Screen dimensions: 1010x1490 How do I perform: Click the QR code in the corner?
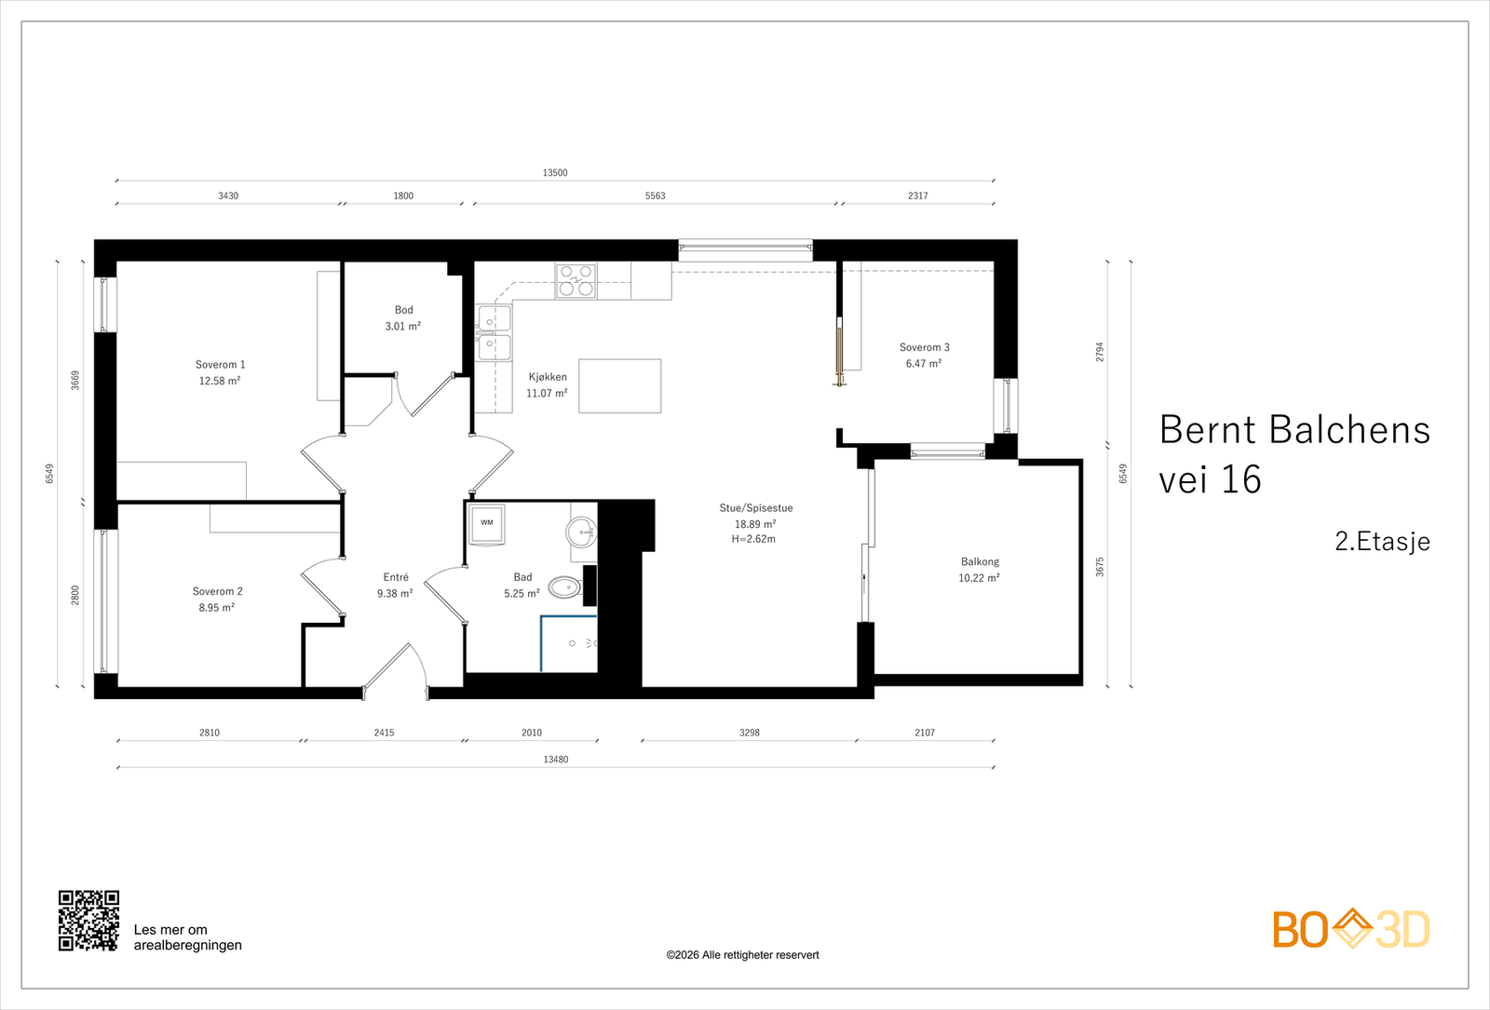pyautogui.click(x=88, y=921)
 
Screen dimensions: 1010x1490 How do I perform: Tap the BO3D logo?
pyautogui.click(x=1351, y=929)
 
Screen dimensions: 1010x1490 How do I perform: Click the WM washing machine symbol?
pyautogui.click(x=486, y=524)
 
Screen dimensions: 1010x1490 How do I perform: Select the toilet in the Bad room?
pyautogui.click(x=564, y=587)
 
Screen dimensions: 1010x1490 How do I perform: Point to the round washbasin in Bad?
pyautogui.click(x=581, y=532)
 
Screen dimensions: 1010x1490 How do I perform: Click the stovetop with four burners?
pyautogui.click(x=576, y=280)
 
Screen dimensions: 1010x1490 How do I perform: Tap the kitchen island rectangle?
pyautogui.click(x=619, y=386)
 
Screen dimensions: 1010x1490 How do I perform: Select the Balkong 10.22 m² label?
pyautogui.click(x=979, y=570)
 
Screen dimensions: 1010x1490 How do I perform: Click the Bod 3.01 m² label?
pyautogui.click(x=403, y=318)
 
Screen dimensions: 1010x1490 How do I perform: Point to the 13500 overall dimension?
pyautogui.click(x=555, y=172)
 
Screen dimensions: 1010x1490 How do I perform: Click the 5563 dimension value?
pyautogui.click(x=655, y=195)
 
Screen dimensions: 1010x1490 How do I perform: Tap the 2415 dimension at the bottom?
pyautogui.click(x=384, y=733)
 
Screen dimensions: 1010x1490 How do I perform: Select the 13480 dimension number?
pyautogui.click(x=555, y=760)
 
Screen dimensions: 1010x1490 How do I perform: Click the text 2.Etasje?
pyautogui.click(x=1382, y=542)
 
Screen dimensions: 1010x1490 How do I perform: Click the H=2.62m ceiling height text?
pyautogui.click(x=753, y=539)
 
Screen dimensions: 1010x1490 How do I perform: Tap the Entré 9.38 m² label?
pyautogui.click(x=395, y=585)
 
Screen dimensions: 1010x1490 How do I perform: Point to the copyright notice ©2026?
pyautogui.click(x=742, y=955)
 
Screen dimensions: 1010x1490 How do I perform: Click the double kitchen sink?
pyautogui.click(x=494, y=333)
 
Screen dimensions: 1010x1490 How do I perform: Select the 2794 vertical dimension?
pyautogui.click(x=1100, y=352)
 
